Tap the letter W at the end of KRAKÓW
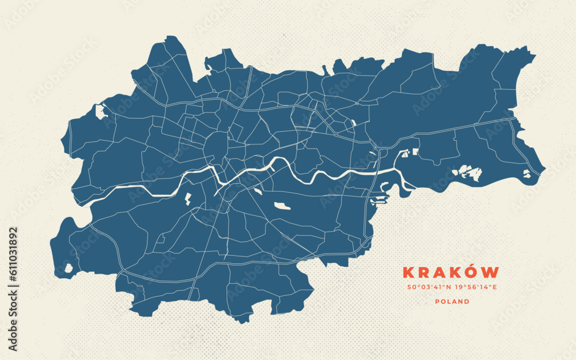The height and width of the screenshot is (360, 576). (x=491, y=272)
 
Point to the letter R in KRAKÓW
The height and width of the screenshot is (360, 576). (x=423, y=272)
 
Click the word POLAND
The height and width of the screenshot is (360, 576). (x=452, y=301)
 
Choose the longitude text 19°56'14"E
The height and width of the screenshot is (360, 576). (x=476, y=287)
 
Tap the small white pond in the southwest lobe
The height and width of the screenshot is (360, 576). (x=69, y=268)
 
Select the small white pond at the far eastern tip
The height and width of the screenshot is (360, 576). (x=527, y=173)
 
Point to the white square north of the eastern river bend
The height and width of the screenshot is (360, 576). (x=415, y=152)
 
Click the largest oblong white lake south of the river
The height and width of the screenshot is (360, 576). (x=282, y=206)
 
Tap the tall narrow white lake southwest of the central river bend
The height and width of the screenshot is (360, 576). (x=188, y=199)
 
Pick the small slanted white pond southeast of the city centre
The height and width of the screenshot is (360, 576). (x=257, y=191)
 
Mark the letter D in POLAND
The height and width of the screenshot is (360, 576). (x=467, y=301)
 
